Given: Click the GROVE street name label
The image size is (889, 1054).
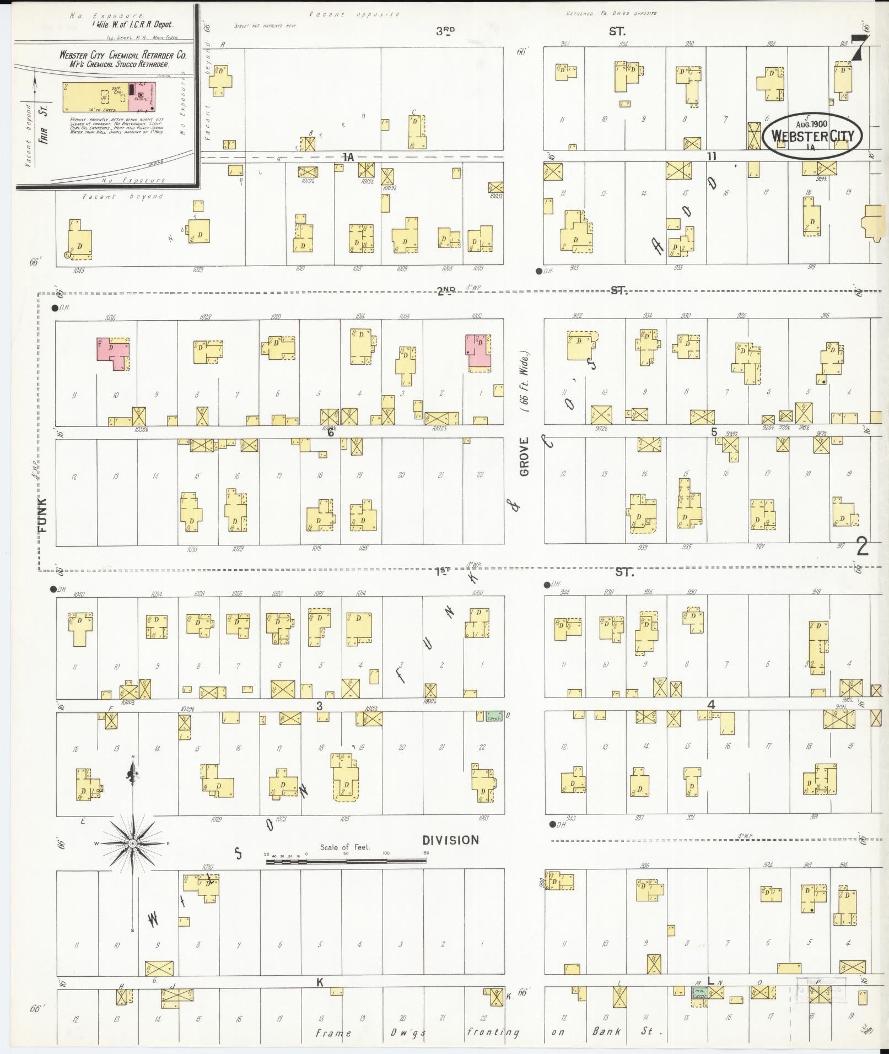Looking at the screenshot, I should coord(524,457).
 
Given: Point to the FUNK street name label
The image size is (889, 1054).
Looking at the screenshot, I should coord(44,515).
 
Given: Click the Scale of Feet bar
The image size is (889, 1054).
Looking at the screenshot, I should coord(346,860).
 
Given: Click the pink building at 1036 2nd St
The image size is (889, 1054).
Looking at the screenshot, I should coord(113,354).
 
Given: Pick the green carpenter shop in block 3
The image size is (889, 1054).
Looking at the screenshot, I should coord(492,717).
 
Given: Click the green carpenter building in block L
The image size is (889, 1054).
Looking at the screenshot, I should coord(699,992).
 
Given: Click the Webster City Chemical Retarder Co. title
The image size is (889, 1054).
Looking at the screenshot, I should coord(122,56).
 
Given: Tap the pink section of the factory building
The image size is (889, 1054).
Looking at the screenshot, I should coord(142,97).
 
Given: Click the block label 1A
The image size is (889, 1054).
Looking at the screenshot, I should coord(348,158).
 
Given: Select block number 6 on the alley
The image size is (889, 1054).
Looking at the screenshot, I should coord(331,433).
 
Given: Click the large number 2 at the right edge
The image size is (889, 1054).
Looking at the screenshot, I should coord(862,546).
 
